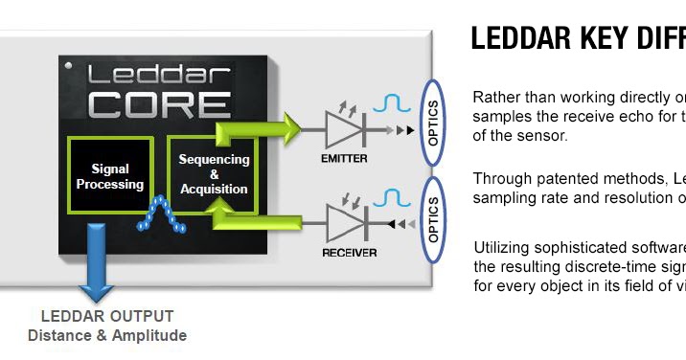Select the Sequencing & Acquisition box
pos(215,173)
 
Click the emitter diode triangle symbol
pos(344,127)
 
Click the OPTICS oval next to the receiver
pos(433,218)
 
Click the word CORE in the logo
pos(159,101)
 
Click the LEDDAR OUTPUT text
pos(107,317)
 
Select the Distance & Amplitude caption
pos(107,335)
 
